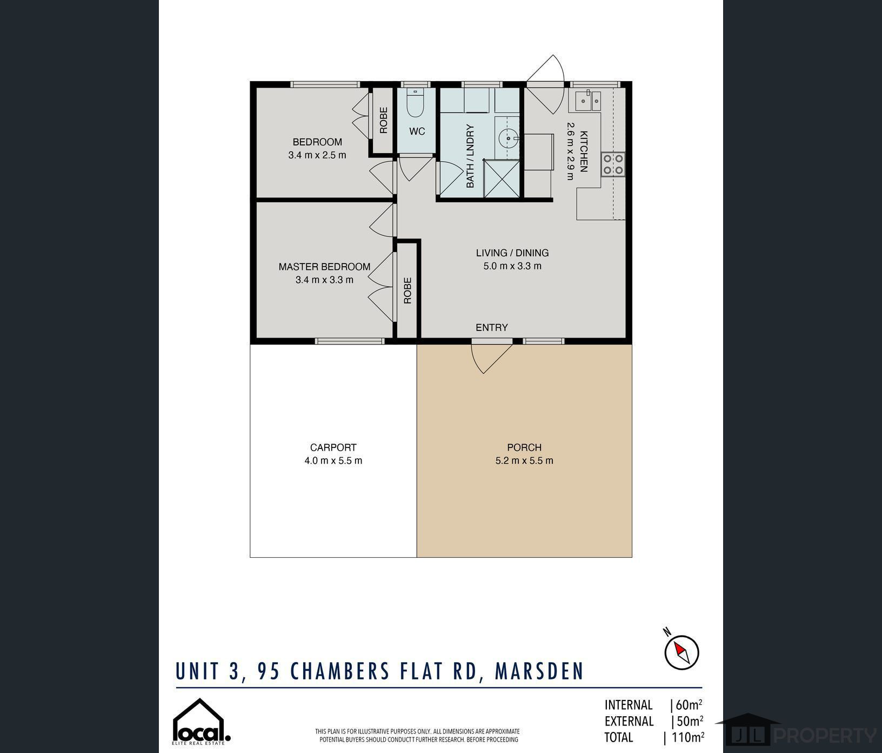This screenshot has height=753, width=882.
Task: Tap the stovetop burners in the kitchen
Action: (x=613, y=164)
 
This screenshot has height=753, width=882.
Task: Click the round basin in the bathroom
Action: (x=509, y=138)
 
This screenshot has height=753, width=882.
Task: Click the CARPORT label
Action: (x=333, y=447)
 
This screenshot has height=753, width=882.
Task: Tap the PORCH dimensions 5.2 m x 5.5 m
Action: (x=524, y=461)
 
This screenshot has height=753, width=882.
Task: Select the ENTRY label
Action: (x=492, y=327)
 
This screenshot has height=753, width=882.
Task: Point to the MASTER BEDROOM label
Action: (x=324, y=267)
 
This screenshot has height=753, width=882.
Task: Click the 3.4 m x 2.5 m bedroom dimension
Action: (x=317, y=155)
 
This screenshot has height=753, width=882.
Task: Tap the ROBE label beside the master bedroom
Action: (x=407, y=290)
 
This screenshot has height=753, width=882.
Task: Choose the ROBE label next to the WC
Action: (x=383, y=120)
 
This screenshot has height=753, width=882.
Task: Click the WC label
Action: (x=417, y=131)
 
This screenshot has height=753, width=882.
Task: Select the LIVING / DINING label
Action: (x=512, y=253)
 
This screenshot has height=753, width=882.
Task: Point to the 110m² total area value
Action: (x=687, y=737)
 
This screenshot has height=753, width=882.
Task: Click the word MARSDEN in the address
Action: (x=539, y=671)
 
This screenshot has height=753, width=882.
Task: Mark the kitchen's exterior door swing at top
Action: (x=546, y=84)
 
